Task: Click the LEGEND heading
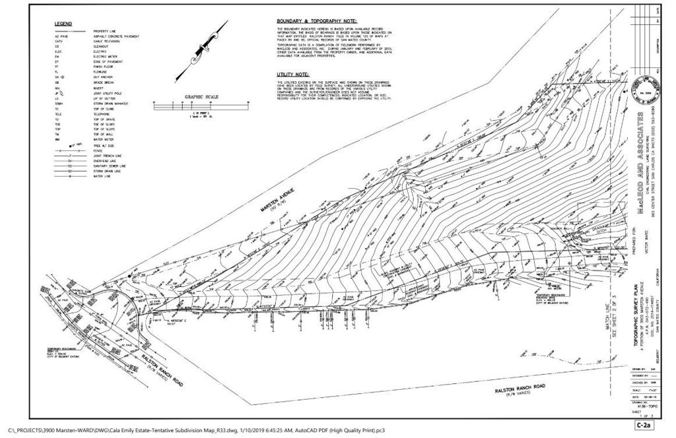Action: point(63,24)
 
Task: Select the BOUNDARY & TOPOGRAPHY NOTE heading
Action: point(316,21)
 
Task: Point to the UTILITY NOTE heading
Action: point(292,75)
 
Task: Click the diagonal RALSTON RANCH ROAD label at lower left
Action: point(161,369)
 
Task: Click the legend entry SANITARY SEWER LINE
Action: point(110,166)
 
